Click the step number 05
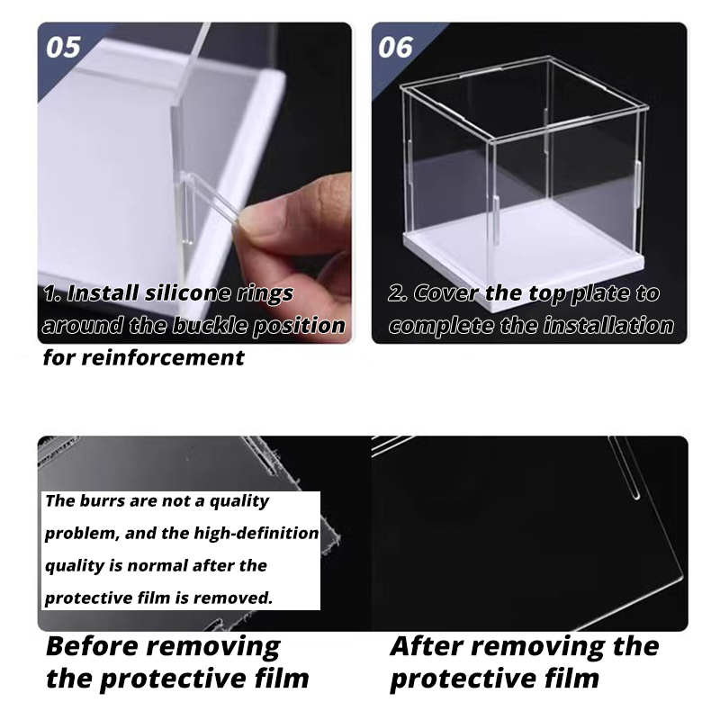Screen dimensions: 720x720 (63, 48)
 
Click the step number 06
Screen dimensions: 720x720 (395, 48)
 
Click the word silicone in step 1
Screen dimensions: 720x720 (187, 293)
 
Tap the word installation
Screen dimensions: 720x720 (609, 325)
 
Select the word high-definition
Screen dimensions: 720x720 (256, 533)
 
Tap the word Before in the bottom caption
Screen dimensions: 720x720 (92, 646)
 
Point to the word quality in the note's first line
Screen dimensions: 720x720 (239, 501)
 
